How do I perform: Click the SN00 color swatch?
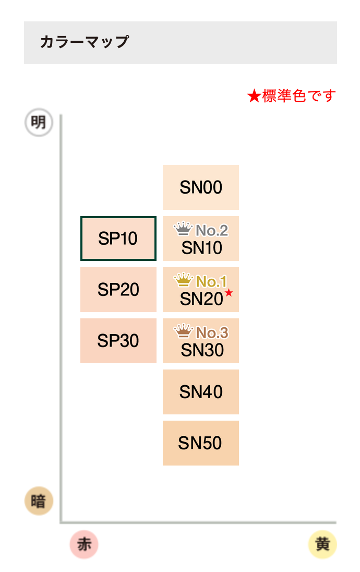[200, 187]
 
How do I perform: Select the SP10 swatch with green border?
[118, 239]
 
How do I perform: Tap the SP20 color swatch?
[118, 290]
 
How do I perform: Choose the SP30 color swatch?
[118, 341]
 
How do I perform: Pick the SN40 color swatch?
[200, 392]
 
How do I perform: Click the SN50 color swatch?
[200, 443]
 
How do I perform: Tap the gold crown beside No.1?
[183, 280]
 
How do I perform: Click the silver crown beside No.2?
[183, 229]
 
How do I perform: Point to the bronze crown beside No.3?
[183, 331]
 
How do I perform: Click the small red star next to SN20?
[229, 292]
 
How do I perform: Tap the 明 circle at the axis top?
[39, 122]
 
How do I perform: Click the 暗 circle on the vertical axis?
[39, 501]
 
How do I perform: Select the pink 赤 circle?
[84, 544]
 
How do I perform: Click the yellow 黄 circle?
[322, 544]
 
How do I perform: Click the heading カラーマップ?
[84, 42]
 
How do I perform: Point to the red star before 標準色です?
[254, 97]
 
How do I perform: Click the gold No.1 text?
[211, 282]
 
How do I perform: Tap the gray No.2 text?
[212, 231]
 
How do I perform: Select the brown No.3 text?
[212, 332]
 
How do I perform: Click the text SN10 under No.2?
[202, 248]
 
